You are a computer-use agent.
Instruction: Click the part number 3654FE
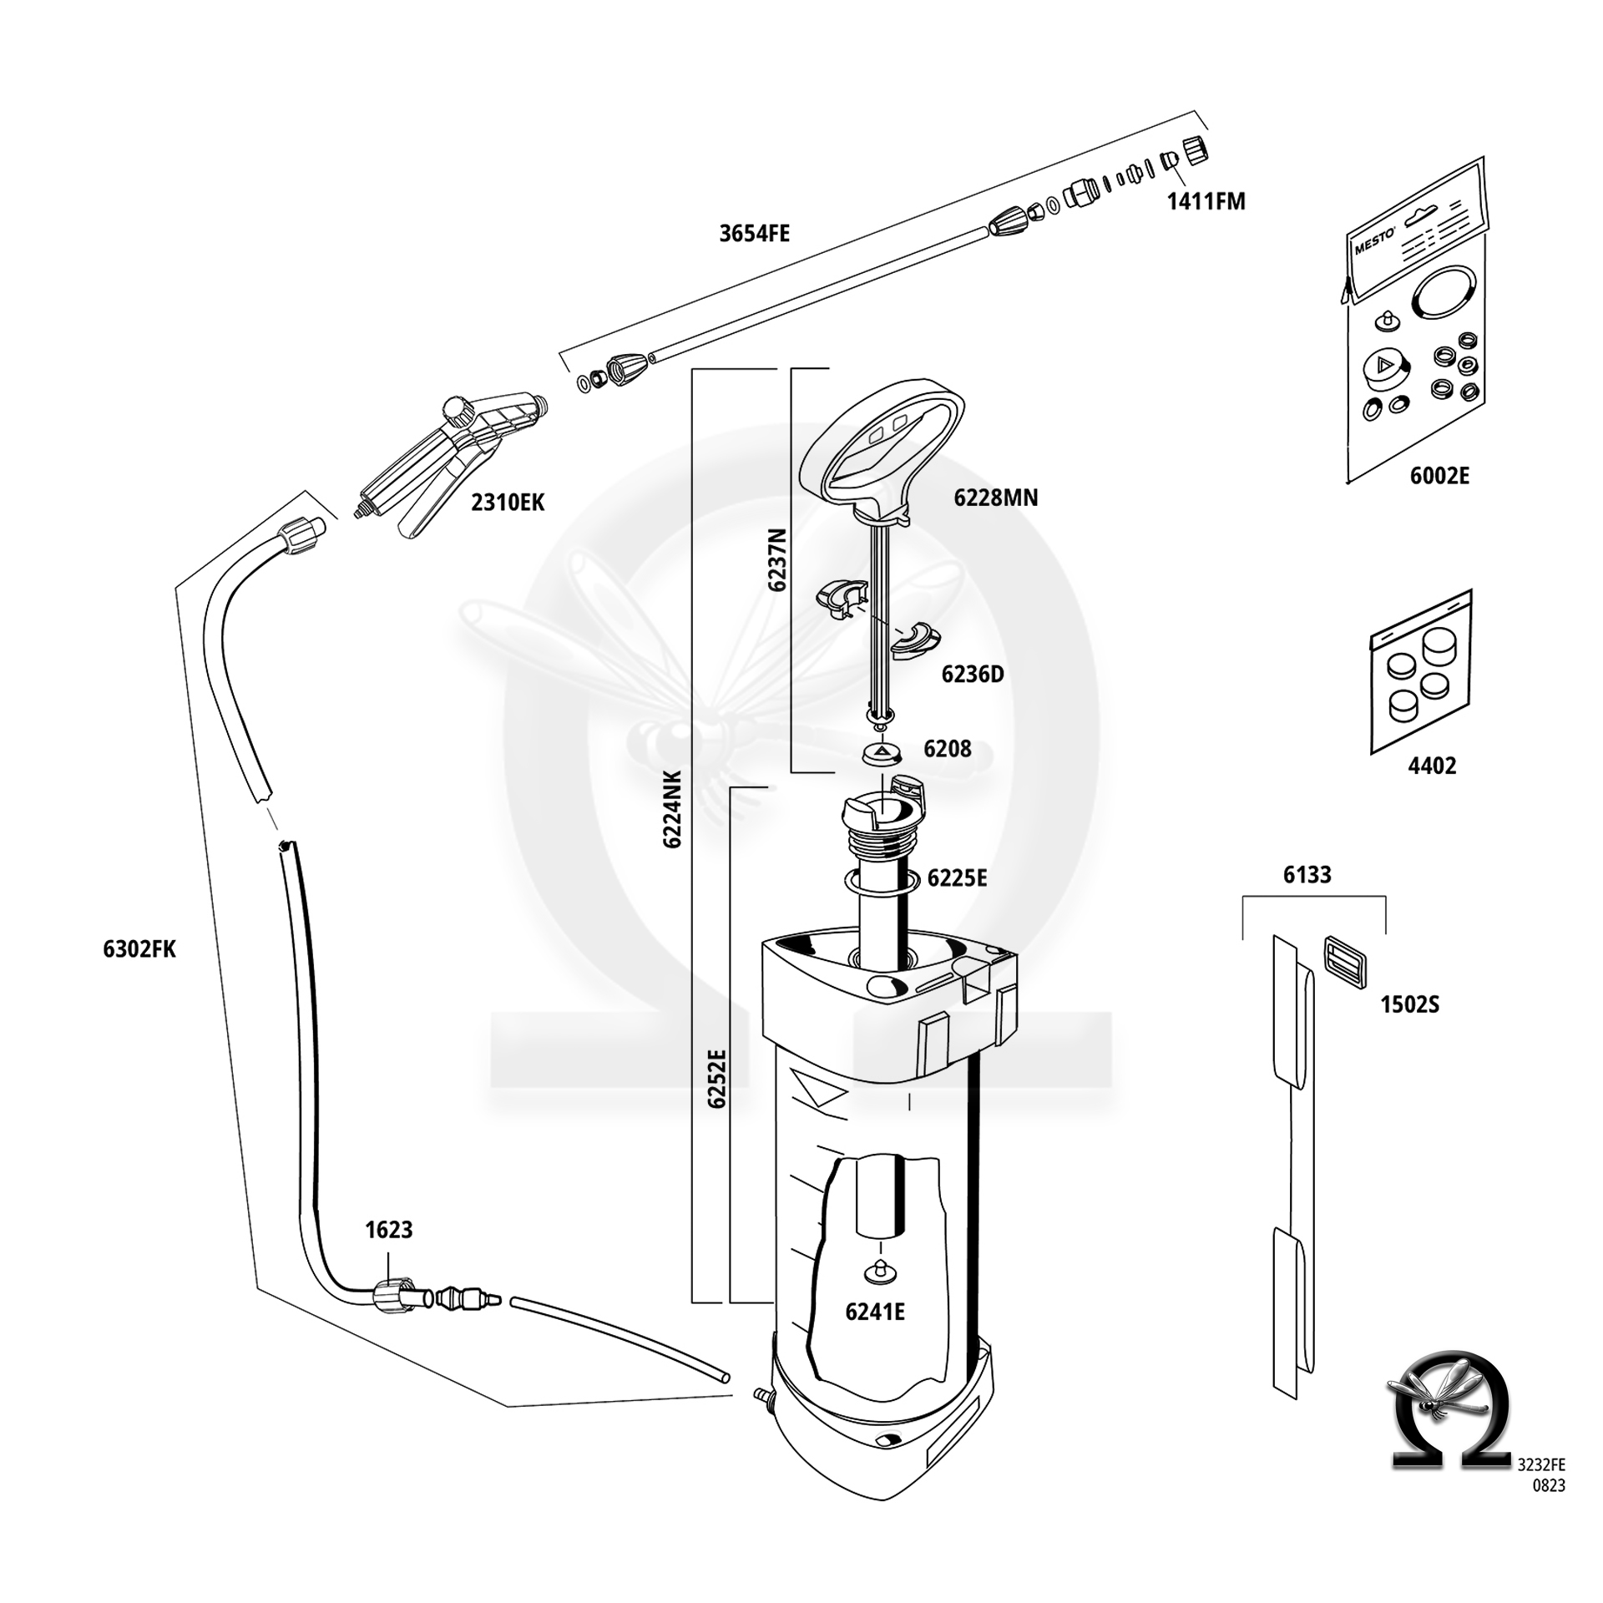(x=754, y=234)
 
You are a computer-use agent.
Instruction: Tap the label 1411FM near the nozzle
(x=1206, y=202)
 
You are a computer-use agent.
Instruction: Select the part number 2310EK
(x=508, y=503)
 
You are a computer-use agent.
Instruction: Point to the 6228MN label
(x=995, y=498)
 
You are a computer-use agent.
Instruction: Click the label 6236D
(x=972, y=675)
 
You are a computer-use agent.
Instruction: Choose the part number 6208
(x=947, y=749)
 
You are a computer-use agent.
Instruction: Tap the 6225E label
(x=957, y=878)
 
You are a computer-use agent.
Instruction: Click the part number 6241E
(x=874, y=1312)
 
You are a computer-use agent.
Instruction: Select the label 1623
(x=388, y=1230)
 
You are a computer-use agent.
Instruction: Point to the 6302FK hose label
(x=139, y=949)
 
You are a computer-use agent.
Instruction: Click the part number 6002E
(x=1439, y=476)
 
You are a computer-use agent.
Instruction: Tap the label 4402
(x=1432, y=766)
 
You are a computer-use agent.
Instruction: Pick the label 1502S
(x=1409, y=1004)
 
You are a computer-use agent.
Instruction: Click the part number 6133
(x=1307, y=875)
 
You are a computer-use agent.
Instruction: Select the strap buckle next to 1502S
(x=1344, y=963)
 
